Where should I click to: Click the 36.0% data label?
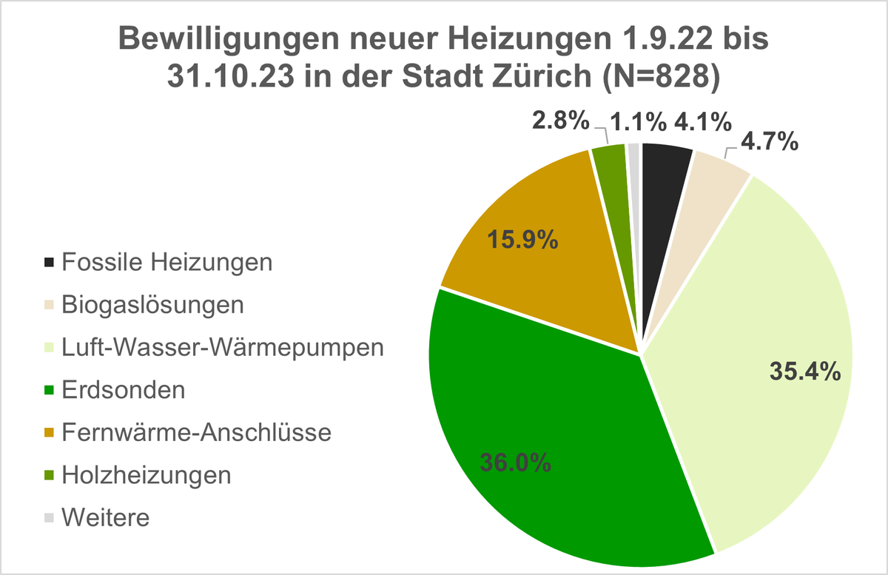515,463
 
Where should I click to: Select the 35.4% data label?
805,371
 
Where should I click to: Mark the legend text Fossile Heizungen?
168,262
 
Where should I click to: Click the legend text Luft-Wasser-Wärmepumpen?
223,347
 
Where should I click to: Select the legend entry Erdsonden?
124,390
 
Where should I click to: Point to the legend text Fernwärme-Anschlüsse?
196,432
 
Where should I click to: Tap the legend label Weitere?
107,517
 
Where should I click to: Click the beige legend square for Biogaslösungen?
50,305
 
